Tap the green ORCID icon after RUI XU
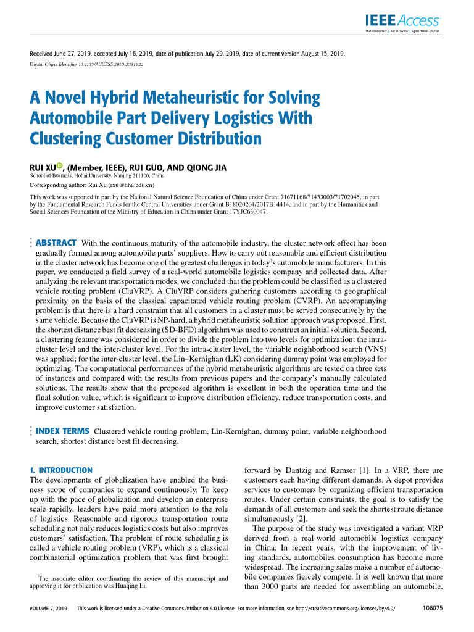pyautogui.click(x=60, y=166)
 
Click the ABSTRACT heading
pyautogui.click(x=56, y=243)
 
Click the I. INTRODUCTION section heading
pyautogui.click(x=61, y=470)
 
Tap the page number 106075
pyautogui.click(x=431, y=608)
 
